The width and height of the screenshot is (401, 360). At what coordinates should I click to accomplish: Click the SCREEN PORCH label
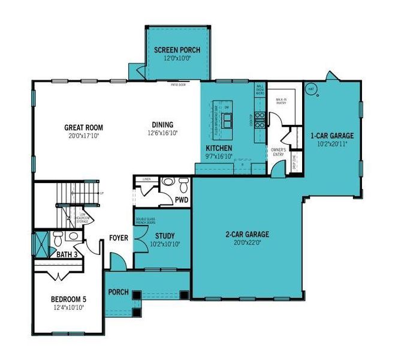coord(177,50)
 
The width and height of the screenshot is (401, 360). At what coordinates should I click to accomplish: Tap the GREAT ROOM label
coord(83,127)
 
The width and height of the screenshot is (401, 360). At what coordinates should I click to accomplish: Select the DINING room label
coord(163,124)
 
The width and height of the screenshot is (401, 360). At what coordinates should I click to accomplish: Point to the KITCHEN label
coord(219,148)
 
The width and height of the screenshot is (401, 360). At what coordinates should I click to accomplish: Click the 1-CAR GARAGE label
coord(331,136)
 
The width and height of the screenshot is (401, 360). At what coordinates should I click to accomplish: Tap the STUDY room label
coord(163,236)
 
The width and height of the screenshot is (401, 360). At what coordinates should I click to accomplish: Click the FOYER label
coord(118,238)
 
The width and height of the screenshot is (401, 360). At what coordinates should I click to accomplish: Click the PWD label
coord(182,199)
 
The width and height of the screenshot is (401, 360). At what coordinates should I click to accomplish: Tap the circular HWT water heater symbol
coord(311,89)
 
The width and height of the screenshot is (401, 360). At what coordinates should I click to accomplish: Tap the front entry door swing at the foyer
coord(117,260)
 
